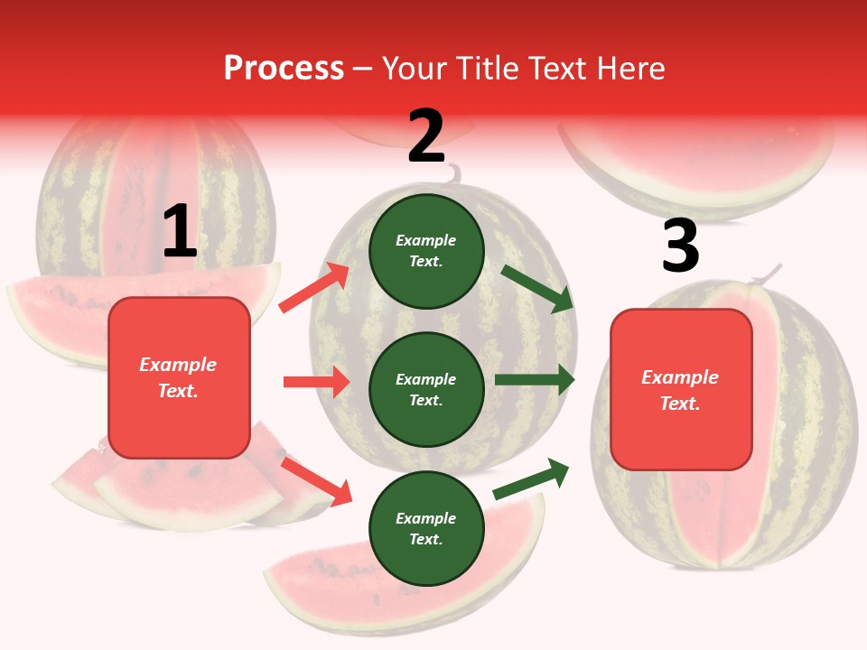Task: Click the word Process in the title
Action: pos(284,68)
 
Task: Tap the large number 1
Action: pos(180,232)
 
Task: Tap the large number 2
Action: pos(426,136)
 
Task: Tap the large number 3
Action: pos(680,246)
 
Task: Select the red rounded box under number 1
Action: pos(179,377)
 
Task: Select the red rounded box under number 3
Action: pos(681,389)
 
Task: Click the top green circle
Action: pos(426,250)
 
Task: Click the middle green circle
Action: pos(426,389)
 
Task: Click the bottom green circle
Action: pos(426,528)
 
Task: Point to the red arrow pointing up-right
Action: pos(314,288)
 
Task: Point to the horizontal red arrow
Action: pos(316,382)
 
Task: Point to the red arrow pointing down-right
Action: pos(316,480)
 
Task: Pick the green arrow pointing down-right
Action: pos(538,288)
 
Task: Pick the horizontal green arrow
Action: pos(535,380)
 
